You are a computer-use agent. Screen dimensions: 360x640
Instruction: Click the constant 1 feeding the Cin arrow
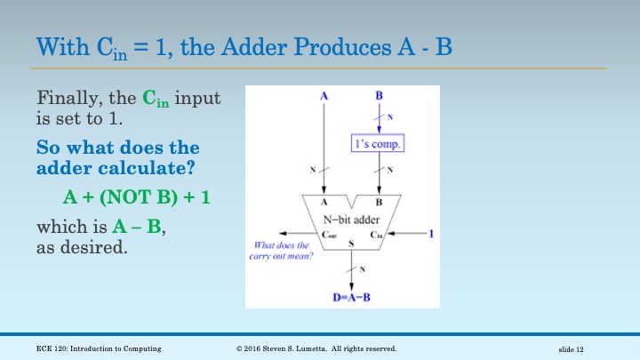coord(431,234)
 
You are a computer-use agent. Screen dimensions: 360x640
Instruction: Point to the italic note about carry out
coord(282,251)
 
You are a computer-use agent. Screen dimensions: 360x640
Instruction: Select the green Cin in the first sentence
coord(156,98)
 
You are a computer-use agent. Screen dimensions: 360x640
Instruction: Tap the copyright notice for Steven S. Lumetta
coord(316,348)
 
